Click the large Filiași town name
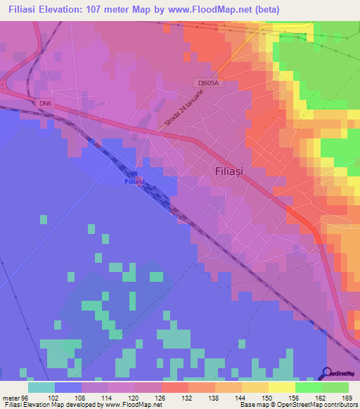pos(230,170)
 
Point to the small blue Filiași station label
pos(133,181)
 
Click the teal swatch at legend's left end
pos(41,387)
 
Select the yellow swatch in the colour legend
pos(281,387)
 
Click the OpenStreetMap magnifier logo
pos(327,373)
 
